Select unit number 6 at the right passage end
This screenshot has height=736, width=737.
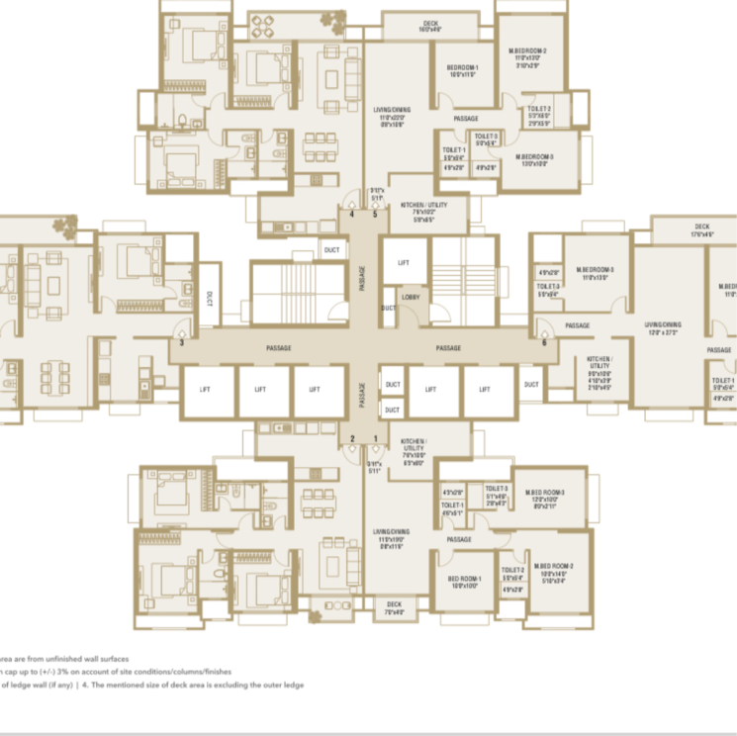point(544,343)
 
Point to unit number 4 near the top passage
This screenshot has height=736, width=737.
point(350,212)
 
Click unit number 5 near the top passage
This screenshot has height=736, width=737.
point(375,212)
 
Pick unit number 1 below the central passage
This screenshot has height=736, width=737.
point(375,438)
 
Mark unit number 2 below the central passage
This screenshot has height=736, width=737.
point(351,438)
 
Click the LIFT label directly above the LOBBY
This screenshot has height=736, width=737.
point(404,263)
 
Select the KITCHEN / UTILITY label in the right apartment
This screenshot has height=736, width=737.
point(599,361)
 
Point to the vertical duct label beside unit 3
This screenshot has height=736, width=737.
point(209,295)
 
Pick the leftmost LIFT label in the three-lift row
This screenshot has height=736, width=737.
point(205,390)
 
